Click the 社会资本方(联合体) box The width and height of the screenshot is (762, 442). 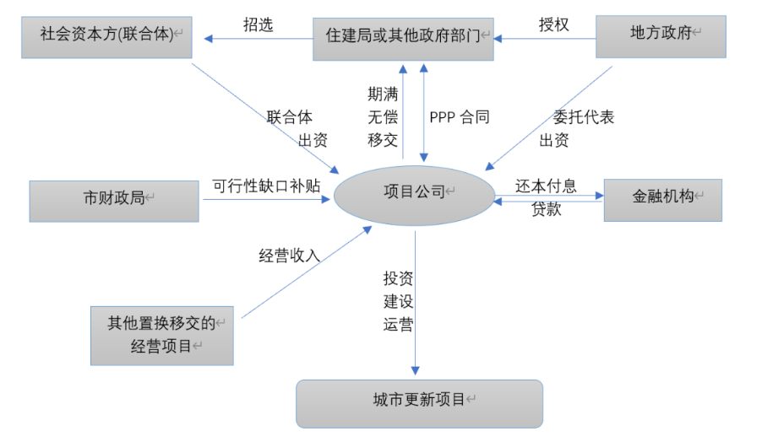pyautogui.click(x=106, y=35)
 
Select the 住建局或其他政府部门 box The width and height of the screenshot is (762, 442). pyautogui.click(x=403, y=37)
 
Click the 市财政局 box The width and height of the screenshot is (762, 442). pyautogui.click(x=114, y=200)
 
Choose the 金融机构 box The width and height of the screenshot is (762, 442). pyautogui.click(x=663, y=199)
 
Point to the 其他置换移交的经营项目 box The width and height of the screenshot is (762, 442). pyautogui.click(x=162, y=335)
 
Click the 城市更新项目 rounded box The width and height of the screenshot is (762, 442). pyautogui.click(x=419, y=402)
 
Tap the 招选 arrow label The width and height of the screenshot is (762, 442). pyautogui.click(x=259, y=24)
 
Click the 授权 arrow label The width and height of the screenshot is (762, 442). pyautogui.click(x=553, y=24)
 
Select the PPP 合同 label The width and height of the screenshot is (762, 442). pyautogui.click(x=459, y=117)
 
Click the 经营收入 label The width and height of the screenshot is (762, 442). pyautogui.click(x=289, y=255)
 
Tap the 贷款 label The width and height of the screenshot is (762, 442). pyautogui.click(x=546, y=210)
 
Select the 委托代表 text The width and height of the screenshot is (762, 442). pyautogui.click(x=583, y=117)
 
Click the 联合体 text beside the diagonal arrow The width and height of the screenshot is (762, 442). pyautogui.click(x=290, y=117)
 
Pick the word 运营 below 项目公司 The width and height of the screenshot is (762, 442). pyautogui.click(x=398, y=325)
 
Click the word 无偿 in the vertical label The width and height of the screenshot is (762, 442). pyautogui.click(x=383, y=117)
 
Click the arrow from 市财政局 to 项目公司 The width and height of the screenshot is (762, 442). pyautogui.click(x=266, y=200)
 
